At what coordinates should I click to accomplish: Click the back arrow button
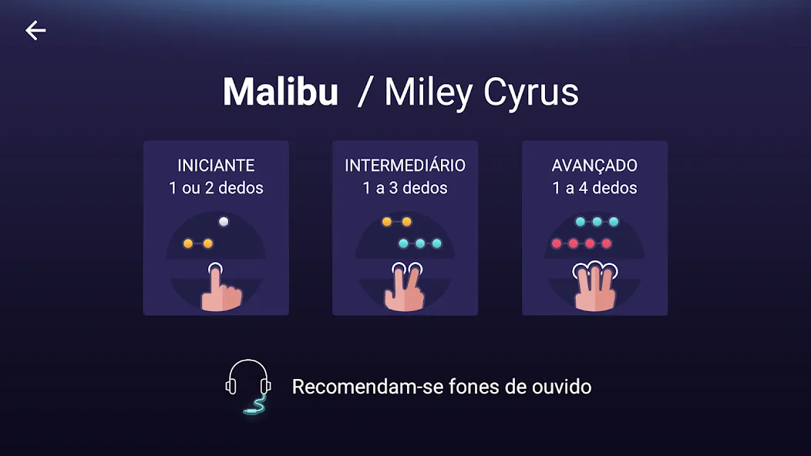click(35, 31)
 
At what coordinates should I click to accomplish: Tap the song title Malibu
click(281, 92)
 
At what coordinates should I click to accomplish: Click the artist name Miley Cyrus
click(481, 93)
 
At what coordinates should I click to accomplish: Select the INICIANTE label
click(216, 166)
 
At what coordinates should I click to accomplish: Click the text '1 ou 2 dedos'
click(216, 188)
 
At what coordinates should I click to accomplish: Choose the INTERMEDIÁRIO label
click(405, 165)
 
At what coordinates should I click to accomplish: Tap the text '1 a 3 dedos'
click(405, 188)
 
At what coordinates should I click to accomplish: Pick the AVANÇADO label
click(594, 166)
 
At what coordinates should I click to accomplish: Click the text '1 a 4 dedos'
click(595, 188)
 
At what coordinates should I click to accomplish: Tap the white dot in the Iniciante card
click(224, 222)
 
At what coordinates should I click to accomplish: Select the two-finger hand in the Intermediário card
click(405, 287)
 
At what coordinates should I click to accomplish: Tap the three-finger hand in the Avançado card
click(595, 287)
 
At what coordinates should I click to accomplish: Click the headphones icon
click(248, 386)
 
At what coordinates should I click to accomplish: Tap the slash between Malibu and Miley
click(365, 93)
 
